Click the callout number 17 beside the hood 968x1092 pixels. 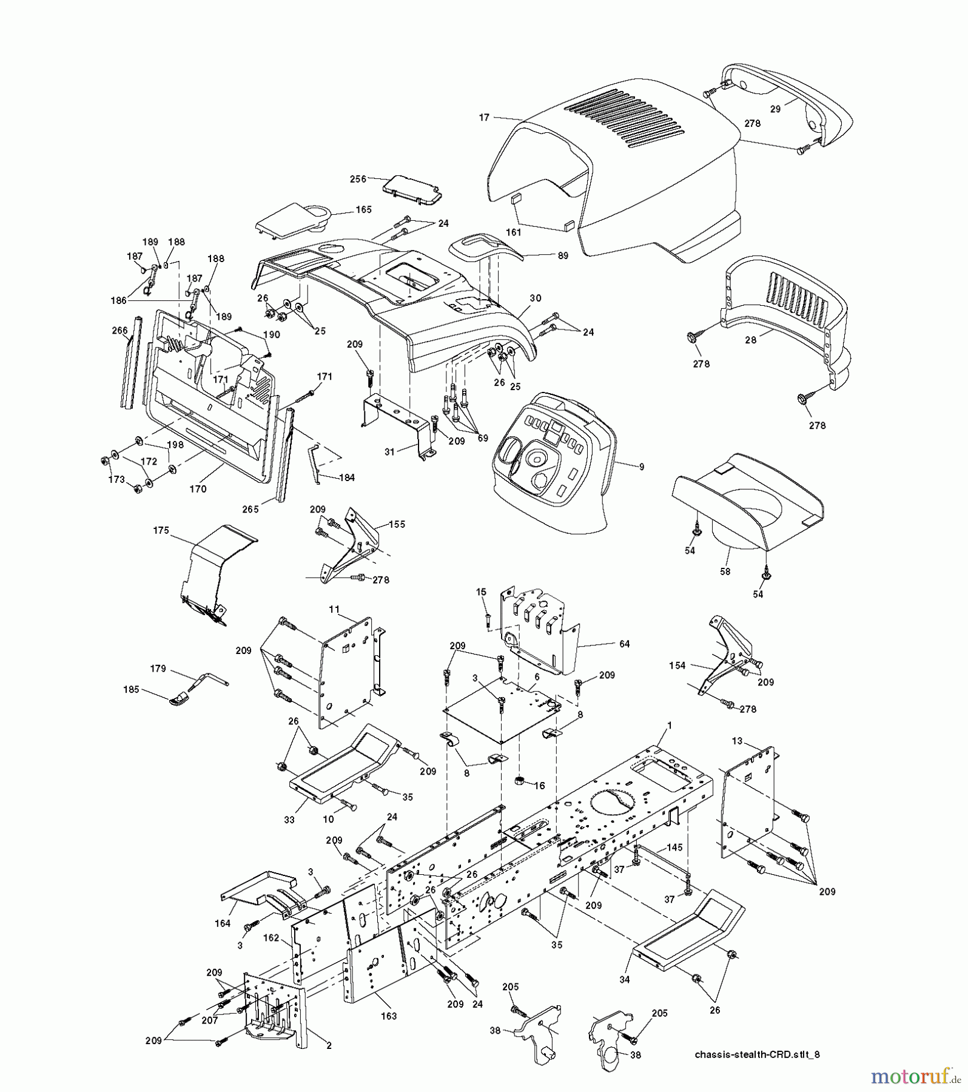[x=483, y=118]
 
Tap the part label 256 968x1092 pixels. [x=358, y=179]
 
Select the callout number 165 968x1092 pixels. [x=363, y=209]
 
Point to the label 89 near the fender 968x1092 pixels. [x=562, y=256]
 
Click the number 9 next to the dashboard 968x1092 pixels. [x=641, y=467]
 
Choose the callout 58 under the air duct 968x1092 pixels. [x=725, y=571]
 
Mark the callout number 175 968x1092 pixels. [x=161, y=530]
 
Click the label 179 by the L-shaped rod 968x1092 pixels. [x=158, y=669]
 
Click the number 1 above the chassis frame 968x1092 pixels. [x=670, y=726]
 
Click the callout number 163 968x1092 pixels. [x=388, y=1016]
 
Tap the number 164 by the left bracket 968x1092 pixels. [x=223, y=924]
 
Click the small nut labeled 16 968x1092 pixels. [x=520, y=780]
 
